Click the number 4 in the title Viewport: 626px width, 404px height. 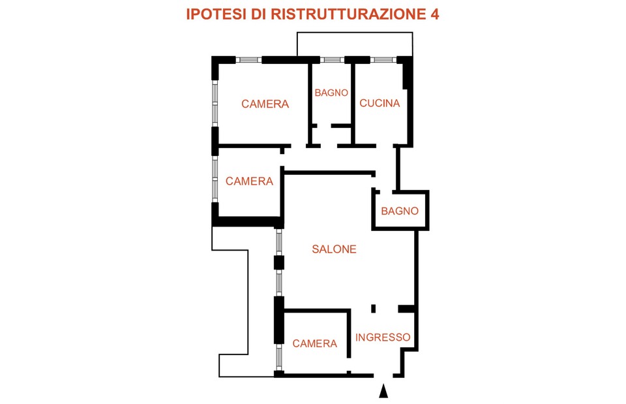434,14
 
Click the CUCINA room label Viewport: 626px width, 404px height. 379,103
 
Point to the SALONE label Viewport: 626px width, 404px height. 334,249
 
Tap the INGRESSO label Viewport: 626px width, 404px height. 383,337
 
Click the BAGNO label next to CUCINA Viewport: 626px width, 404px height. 331,93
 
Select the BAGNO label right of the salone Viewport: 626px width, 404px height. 400,211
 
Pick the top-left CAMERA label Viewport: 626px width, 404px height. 265,104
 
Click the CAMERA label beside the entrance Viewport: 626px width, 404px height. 314,343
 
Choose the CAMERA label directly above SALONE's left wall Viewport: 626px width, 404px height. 249,181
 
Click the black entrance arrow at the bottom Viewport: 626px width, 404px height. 383,391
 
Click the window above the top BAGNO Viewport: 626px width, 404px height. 333,60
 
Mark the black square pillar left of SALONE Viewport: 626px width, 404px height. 279,263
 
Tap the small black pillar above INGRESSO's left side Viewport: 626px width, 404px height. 373,308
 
